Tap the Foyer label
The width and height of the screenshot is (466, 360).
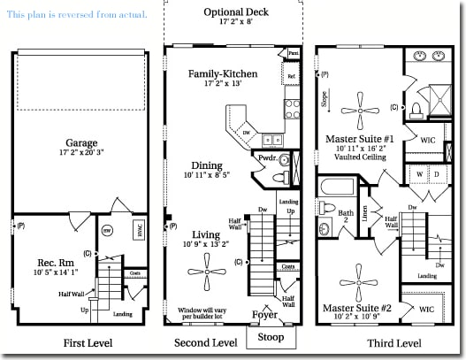264,313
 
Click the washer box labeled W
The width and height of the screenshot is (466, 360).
417,175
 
